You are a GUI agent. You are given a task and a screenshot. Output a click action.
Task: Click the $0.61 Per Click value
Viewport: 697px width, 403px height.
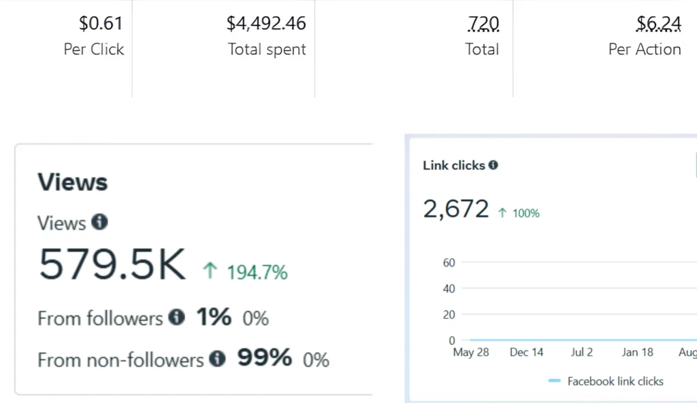101,24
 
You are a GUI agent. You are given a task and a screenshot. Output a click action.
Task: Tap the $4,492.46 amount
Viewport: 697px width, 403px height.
266,24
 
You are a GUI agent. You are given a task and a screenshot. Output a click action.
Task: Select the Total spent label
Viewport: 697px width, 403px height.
267,50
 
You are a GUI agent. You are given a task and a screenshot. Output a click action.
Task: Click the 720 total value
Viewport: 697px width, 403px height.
483,24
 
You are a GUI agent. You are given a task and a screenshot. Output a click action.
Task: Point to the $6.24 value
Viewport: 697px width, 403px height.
658,24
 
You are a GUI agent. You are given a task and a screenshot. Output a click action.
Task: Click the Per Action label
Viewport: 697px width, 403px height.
645,50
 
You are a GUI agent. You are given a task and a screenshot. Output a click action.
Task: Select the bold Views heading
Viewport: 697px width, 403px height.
72,182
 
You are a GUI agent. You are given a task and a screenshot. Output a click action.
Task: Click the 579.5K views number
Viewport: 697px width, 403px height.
112,264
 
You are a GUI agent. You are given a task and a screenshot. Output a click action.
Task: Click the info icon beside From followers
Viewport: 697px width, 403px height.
176,317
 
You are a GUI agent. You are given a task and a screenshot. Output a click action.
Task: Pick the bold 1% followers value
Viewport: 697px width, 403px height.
214,317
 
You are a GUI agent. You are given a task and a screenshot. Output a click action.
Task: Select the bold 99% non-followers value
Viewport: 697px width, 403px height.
264,357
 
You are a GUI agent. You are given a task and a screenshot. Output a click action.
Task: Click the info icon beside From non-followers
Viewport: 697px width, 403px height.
217,358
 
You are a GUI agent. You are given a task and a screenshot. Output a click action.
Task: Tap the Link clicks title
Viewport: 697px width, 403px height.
454,165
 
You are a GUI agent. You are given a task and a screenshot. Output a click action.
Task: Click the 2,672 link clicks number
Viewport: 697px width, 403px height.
456,209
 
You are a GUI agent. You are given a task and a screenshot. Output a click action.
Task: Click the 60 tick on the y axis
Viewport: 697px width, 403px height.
449,262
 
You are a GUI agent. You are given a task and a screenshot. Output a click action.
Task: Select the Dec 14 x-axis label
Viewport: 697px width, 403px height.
527,352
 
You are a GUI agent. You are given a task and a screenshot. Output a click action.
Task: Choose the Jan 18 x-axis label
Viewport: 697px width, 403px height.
638,352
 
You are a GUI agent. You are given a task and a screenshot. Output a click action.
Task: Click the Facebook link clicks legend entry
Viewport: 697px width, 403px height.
615,381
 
